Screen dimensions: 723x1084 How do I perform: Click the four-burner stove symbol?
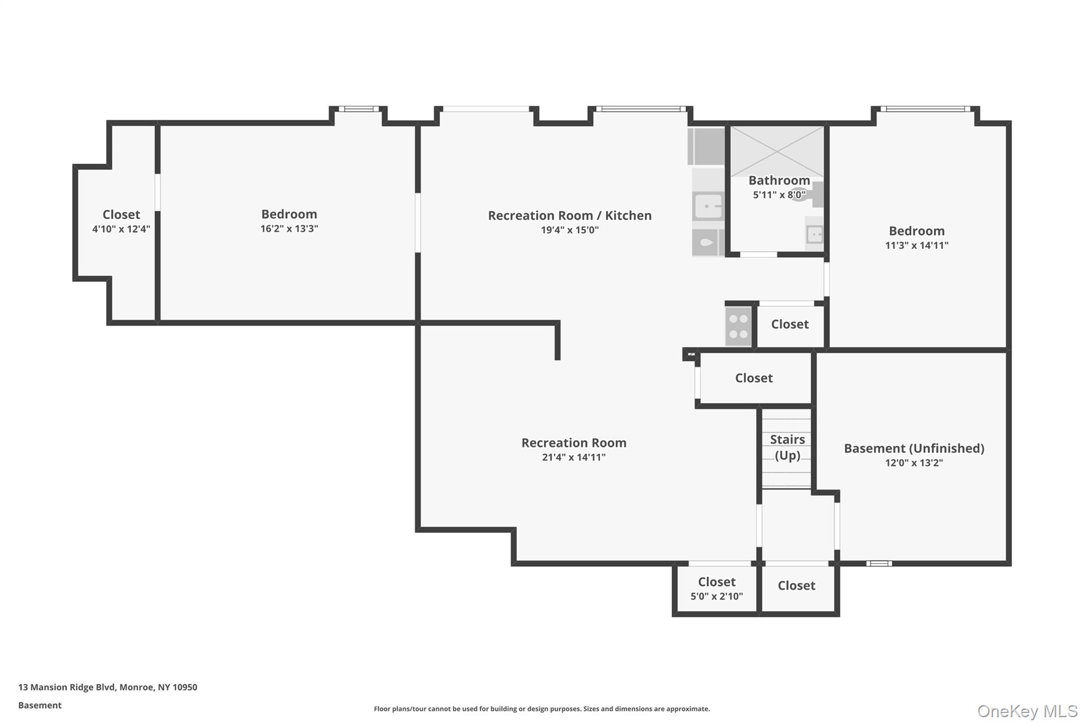point(738,326)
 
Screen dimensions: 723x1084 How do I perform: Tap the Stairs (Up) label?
point(787,447)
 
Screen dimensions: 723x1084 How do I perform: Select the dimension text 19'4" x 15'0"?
point(570,230)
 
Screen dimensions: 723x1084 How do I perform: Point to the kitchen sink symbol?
point(708,206)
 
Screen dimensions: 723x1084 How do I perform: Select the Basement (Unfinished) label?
point(914,448)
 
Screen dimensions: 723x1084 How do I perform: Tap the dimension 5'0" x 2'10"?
point(716,596)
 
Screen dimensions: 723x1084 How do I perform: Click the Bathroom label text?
point(779,180)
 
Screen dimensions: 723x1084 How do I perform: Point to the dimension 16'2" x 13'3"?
point(289,229)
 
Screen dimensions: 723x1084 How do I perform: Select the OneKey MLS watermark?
point(1027,711)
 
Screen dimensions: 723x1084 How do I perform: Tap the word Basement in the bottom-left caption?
point(40,705)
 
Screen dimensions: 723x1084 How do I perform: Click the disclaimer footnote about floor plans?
point(541,709)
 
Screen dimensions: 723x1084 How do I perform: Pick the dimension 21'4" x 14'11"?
point(573,457)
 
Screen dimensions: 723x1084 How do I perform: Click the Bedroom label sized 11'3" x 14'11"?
point(916,231)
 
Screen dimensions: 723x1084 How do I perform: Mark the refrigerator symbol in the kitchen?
point(707,146)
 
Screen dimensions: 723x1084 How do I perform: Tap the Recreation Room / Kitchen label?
point(570,216)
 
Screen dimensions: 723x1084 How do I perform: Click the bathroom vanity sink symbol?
point(814,234)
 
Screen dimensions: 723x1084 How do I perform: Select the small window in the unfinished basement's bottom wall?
point(879,564)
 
